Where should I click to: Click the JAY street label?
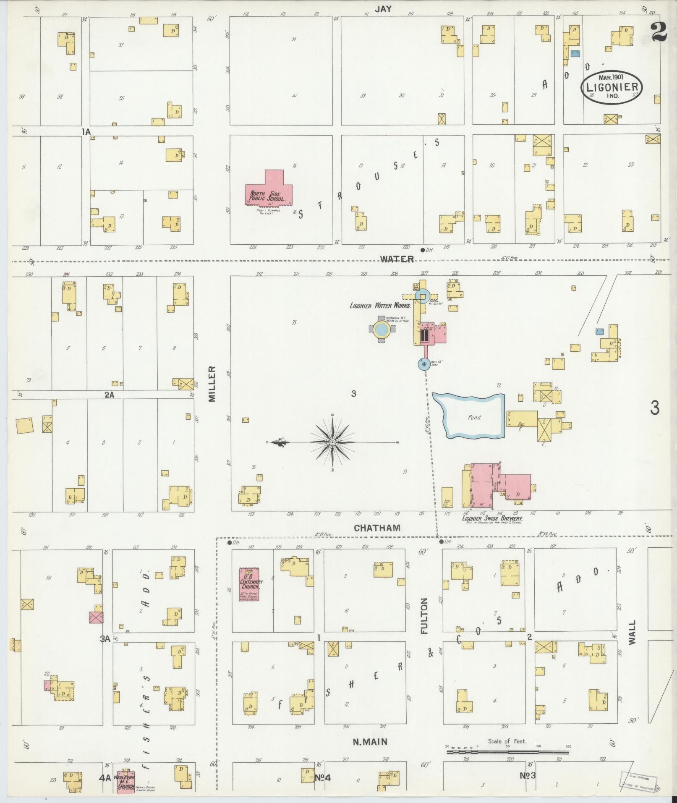pos(383,9)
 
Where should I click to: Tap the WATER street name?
pos(397,259)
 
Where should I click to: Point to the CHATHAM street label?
pos(377,528)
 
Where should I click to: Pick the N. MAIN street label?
pos(370,742)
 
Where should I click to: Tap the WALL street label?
pos(632,632)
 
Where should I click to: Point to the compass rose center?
pos(332,442)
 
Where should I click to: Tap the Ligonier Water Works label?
pos(380,306)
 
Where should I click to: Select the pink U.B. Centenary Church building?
pos(249,584)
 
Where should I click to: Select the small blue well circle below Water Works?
pos(423,364)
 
